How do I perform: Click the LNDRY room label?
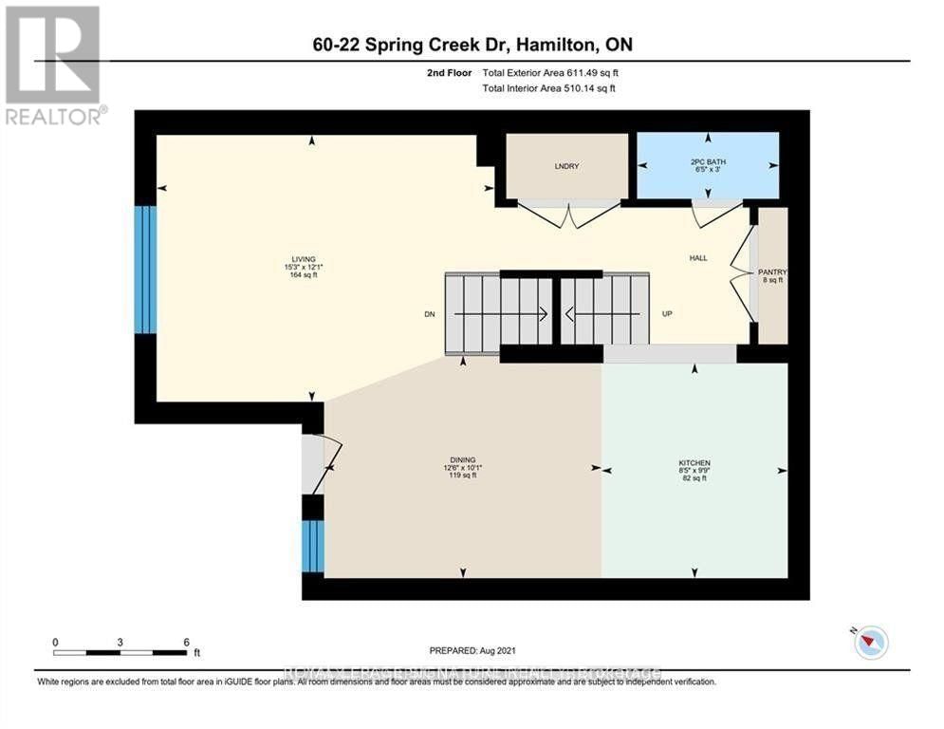pyautogui.click(x=566, y=166)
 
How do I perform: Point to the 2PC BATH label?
pyautogui.click(x=708, y=162)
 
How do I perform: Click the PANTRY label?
pyautogui.click(x=773, y=272)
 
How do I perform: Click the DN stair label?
pyautogui.click(x=429, y=314)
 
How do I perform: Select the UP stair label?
pyautogui.click(x=667, y=314)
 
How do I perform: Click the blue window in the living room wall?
pyautogui.click(x=144, y=270)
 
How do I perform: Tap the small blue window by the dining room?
pyautogui.click(x=312, y=547)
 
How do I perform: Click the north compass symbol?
pyautogui.click(x=870, y=643)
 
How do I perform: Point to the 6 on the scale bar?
pyautogui.click(x=187, y=642)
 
